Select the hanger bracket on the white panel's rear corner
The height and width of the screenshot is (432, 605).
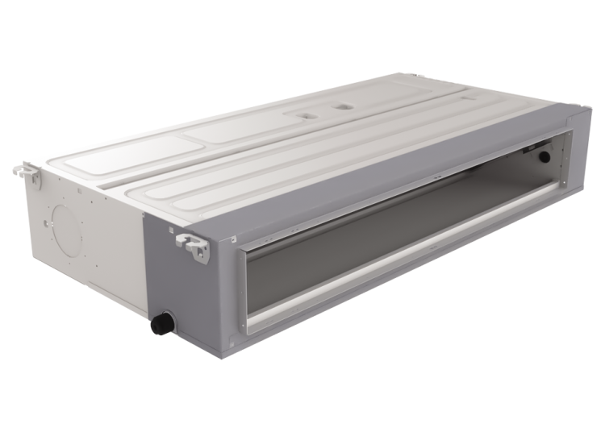tap(27, 172)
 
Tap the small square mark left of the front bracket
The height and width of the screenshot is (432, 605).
tap(171, 229)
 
